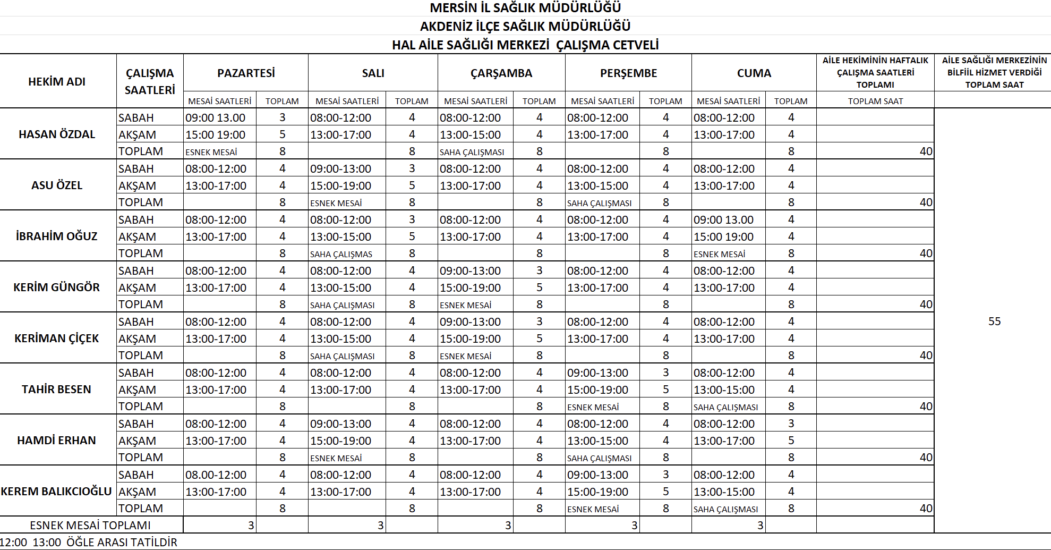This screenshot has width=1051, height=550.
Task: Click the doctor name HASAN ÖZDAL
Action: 57,134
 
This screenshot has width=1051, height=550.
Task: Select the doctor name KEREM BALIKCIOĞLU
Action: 56,492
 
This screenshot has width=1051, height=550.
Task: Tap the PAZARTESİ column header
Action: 246,73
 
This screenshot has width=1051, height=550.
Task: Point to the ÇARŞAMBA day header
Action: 501,73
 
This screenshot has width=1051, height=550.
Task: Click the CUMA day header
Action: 754,73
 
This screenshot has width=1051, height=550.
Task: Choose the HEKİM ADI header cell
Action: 57,82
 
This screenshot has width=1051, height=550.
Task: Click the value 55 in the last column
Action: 994,321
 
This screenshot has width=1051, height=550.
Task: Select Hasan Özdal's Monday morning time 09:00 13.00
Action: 215,118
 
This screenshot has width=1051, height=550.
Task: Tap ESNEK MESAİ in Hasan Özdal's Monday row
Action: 211,153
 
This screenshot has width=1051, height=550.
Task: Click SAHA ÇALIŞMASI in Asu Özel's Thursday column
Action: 599,204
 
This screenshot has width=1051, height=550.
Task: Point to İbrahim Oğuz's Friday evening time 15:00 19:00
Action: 723,237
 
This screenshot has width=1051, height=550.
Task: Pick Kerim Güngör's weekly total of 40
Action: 926,304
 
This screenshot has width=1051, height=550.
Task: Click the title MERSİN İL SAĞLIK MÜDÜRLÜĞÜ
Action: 525,8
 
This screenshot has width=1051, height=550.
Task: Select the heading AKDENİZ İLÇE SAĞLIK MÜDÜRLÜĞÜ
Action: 525,27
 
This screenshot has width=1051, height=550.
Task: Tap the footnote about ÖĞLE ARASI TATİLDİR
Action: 89,543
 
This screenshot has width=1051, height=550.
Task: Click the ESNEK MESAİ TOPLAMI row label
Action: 90,526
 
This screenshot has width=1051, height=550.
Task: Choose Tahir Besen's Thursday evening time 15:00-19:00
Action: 597,390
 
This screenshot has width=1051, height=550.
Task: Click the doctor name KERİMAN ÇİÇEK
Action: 57,339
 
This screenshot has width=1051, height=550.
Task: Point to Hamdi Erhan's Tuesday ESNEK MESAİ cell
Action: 336,459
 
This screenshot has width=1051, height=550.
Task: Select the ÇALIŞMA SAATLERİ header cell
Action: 150,82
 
